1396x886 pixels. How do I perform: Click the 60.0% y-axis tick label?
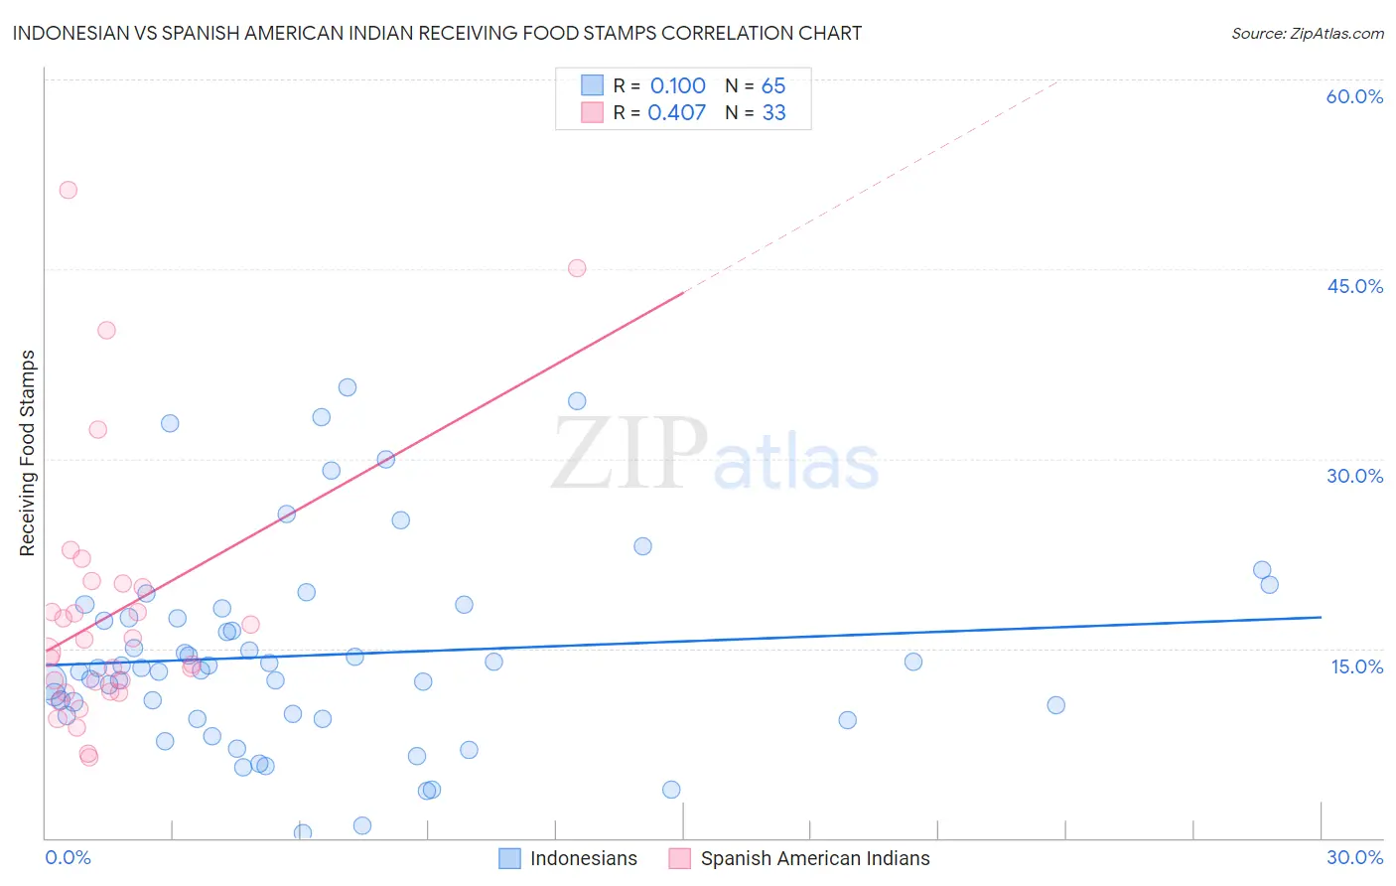[x=1354, y=96]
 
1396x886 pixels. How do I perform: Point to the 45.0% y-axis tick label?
[x=1354, y=286]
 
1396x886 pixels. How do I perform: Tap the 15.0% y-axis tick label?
[x=1356, y=666]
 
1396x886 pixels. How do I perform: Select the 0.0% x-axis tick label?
[x=68, y=858]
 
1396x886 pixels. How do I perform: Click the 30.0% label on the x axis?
[x=1354, y=858]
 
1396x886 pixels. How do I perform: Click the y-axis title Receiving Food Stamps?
[x=28, y=453]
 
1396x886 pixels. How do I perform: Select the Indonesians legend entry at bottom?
[x=583, y=858]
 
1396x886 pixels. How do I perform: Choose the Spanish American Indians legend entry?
[x=814, y=858]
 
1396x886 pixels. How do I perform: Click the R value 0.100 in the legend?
[x=677, y=86]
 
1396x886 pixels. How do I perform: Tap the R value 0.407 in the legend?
[x=676, y=113]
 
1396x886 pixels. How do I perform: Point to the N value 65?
[x=773, y=86]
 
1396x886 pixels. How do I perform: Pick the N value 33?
[x=773, y=113]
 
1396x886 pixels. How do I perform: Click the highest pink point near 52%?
[x=68, y=190]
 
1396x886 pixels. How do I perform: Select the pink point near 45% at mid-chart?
[x=577, y=268]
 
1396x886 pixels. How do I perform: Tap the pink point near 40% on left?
[x=106, y=330]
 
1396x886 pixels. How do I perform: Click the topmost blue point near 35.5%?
[x=348, y=387]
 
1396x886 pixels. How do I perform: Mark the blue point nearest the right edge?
[x=1269, y=584]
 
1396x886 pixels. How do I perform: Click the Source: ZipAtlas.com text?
[x=1307, y=34]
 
